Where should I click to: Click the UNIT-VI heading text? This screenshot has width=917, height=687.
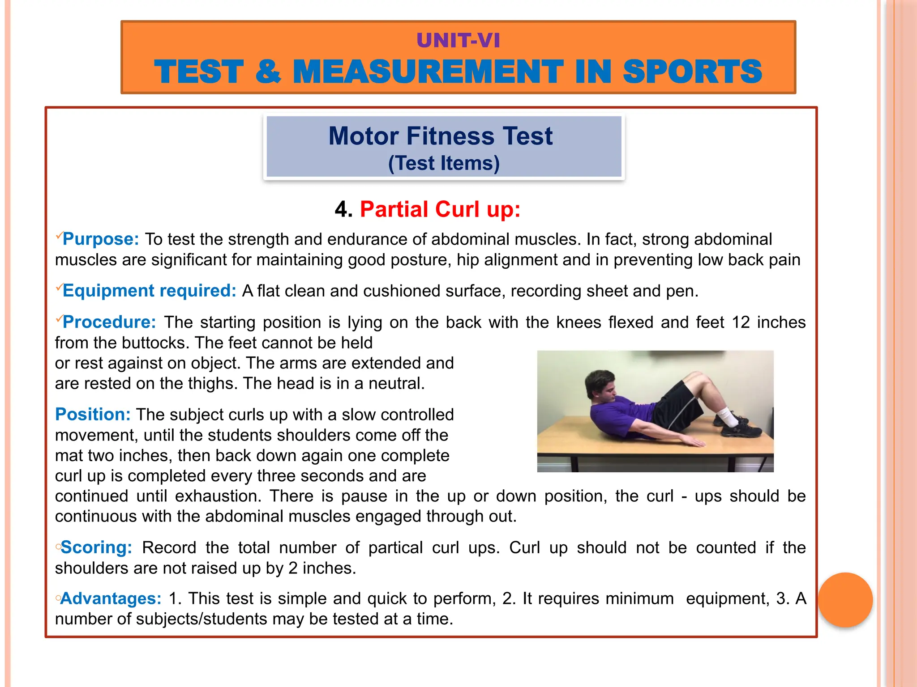[x=458, y=41]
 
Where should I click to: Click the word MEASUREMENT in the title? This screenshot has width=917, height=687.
[x=428, y=72]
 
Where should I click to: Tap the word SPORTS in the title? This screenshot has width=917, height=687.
[x=692, y=72]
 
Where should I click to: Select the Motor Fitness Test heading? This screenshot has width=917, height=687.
[x=441, y=136]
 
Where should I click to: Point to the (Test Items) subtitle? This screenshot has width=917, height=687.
[x=444, y=163]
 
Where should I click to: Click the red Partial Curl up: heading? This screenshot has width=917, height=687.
[x=440, y=209]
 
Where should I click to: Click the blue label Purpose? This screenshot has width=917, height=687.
[x=101, y=239]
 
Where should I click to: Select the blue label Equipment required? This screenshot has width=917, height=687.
[x=149, y=291]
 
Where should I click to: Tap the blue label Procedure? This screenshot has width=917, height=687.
[x=109, y=322]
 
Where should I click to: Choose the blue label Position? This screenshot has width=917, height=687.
[x=93, y=415]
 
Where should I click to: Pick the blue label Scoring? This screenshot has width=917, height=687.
[x=96, y=547]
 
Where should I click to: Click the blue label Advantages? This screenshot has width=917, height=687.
[x=111, y=598]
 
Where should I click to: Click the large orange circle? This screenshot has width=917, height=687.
[x=845, y=600]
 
